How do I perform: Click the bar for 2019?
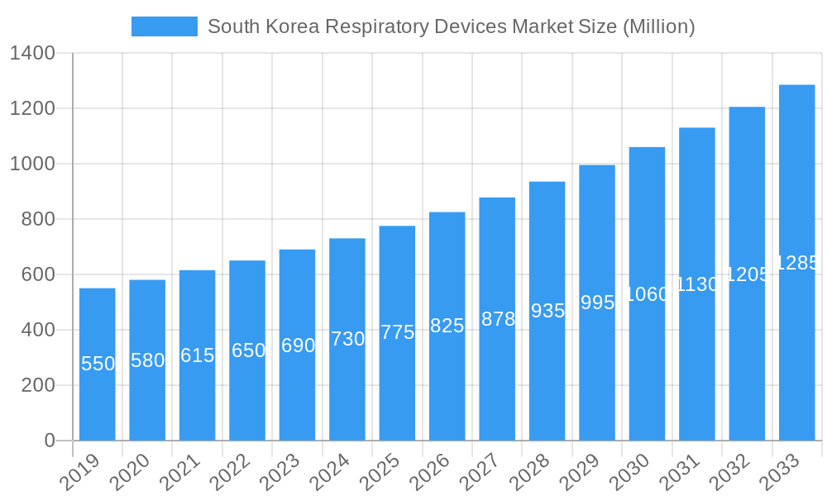(x=98, y=364)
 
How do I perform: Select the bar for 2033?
(x=797, y=262)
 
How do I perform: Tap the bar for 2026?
(x=447, y=326)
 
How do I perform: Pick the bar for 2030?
(x=647, y=293)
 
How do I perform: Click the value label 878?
(x=498, y=319)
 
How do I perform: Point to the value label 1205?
(x=747, y=274)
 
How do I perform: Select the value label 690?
(x=298, y=346)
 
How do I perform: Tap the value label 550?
(x=98, y=364)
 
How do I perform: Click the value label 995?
(x=597, y=303)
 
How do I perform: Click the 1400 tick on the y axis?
(x=32, y=54)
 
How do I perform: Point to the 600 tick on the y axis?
(x=38, y=274)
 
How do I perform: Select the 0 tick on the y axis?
(x=50, y=441)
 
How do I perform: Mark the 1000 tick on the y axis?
(x=32, y=164)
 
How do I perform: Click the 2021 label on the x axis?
(x=179, y=473)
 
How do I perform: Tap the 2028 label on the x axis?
(x=529, y=473)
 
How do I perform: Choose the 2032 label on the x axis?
(x=729, y=473)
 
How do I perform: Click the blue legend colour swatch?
(x=165, y=26)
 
